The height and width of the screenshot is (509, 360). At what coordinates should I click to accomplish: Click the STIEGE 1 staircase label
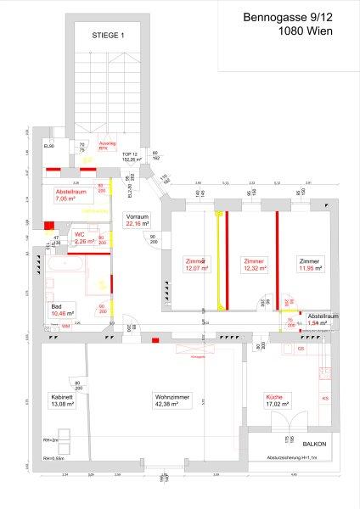pos(108,35)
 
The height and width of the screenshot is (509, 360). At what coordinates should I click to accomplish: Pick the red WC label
pos(79,233)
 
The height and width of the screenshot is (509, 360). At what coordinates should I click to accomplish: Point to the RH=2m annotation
pos(50,441)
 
